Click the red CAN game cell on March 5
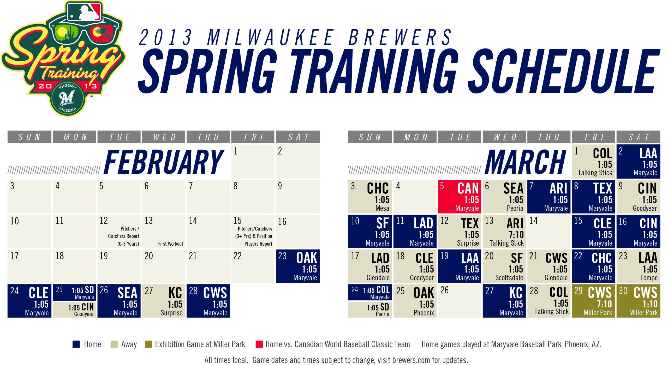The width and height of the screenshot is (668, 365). coord(459,197)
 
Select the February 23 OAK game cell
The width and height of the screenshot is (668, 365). coord(298,266)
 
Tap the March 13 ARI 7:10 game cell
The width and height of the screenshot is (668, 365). coord(504,231)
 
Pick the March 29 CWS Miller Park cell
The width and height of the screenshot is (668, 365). coord(593,301)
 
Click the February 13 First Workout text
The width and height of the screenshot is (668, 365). coord(170,244)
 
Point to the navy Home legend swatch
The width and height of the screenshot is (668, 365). coord(76,344)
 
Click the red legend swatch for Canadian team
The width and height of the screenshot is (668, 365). coord(259,344)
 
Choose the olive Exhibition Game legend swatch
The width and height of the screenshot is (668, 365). coord(148,344)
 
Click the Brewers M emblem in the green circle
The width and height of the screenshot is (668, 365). coord(67,98)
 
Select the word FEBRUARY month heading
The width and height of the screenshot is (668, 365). coord(164,162)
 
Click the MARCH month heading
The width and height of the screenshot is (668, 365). coord(525,162)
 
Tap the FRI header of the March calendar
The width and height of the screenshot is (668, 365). coord(594,137)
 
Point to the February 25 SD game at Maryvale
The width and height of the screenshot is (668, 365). coord(74,293)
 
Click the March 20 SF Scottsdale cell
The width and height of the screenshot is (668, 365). coord(504,266)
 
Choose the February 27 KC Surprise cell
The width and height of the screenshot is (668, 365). coord(164,301)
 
